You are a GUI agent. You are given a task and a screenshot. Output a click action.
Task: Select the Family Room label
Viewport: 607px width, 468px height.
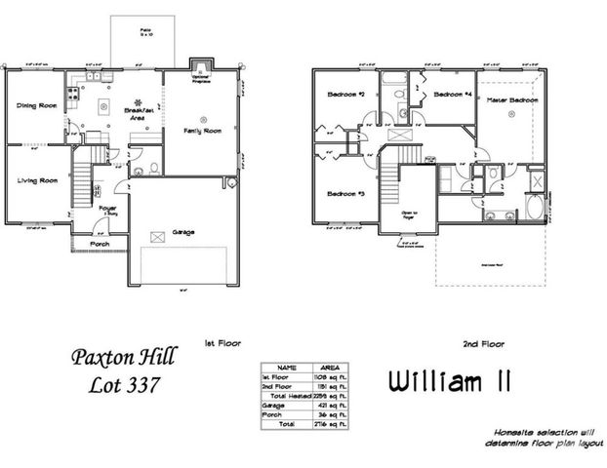(x=202, y=130)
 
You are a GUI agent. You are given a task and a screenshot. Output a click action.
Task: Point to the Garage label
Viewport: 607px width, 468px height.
(x=182, y=232)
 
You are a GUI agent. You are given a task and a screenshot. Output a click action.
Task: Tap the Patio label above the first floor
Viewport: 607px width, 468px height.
(x=145, y=30)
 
